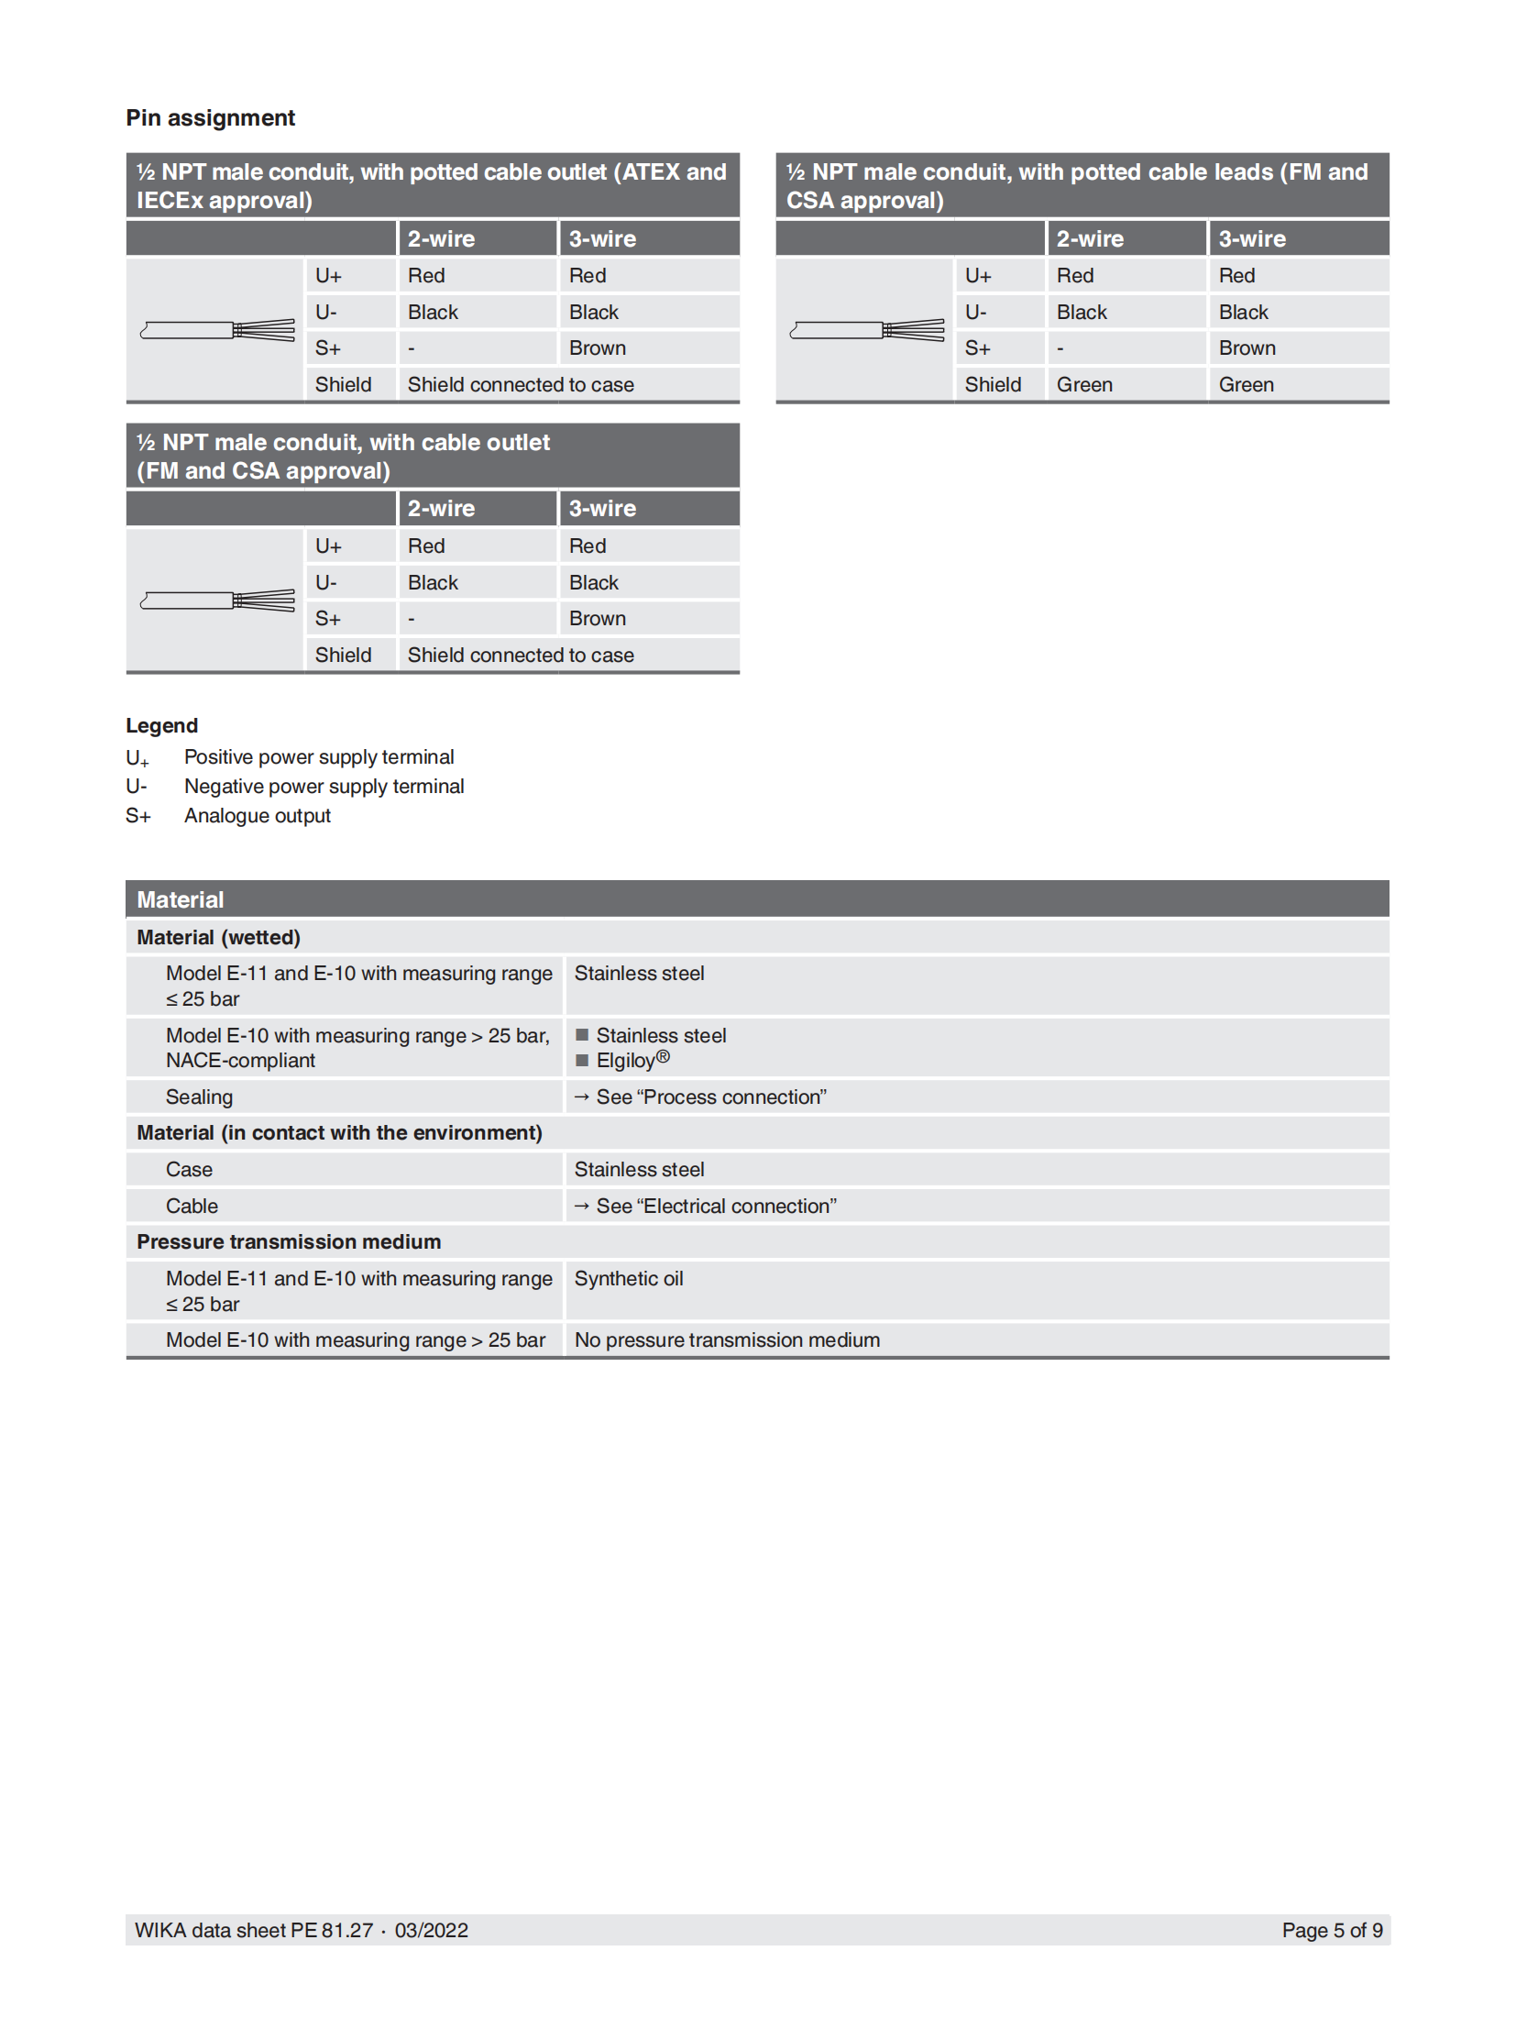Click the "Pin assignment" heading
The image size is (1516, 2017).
pos(210,118)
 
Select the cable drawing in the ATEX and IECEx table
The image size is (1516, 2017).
pos(217,330)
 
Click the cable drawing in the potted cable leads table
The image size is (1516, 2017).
pos(866,330)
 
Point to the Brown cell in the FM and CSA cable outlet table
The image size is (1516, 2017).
pos(597,619)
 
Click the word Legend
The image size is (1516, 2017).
pos(161,725)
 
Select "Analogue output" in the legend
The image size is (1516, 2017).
pos(257,816)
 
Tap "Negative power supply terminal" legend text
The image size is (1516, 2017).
pos(324,787)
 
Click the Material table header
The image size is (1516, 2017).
pos(180,899)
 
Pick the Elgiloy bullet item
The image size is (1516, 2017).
pos(632,1061)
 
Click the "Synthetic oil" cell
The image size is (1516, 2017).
pos(628,1279)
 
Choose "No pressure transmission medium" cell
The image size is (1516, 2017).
pos(726,1340)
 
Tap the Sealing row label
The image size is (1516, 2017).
pos(199,1097)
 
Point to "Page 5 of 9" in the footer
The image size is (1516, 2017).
pos(1331,1930)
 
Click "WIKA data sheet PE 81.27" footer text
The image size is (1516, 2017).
pos(253,1930)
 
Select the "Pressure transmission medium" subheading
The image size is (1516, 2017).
pos(288,1242)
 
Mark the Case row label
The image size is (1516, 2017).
pos(189,1170)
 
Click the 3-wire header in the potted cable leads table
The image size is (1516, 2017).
pos(1251,239)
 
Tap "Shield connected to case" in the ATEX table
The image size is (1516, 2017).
pos(520,385)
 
